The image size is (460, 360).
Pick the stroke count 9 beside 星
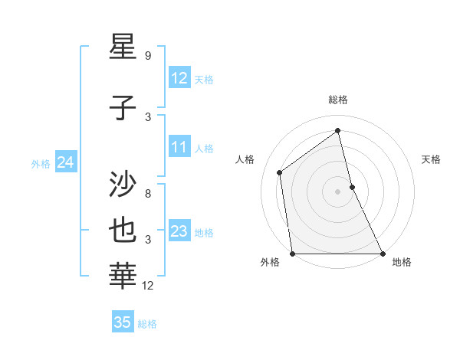coord(148,56)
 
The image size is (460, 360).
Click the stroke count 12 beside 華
coord(149,286)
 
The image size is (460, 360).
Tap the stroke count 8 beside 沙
coord(148,194)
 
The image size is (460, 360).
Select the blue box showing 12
coord(179,78)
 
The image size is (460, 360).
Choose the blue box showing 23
coord(179,231)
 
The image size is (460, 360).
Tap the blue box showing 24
coord(66,162)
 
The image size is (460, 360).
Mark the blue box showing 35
coord(123,322)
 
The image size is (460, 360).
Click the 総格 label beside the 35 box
coord(147,324)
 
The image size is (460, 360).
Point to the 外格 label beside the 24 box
coord(41,164)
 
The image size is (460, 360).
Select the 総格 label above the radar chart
coord(337,100)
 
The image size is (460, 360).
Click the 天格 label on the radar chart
coord(432,159)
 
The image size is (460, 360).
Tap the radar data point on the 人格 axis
coord(280,172)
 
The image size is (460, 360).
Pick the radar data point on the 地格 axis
coord(382,254)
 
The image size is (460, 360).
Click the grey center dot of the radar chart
coord(337,191)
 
